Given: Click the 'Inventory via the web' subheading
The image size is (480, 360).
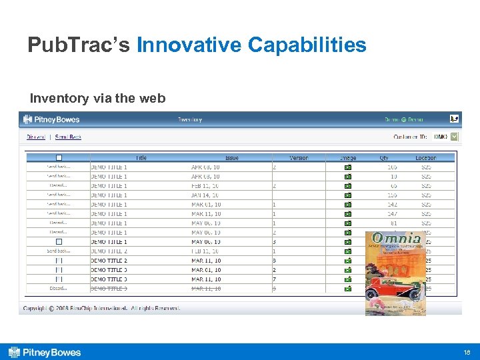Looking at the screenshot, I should tap(97, 99).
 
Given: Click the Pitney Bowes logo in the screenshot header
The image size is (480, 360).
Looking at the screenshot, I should tap(51, 120).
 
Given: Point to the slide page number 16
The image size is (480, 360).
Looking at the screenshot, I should tap(466, 352).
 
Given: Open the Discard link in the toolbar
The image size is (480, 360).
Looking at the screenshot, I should tap(36, 137).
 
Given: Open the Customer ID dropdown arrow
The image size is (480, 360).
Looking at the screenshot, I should tap(455, 137).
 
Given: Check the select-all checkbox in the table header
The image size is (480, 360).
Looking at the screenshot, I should tap(59, 158).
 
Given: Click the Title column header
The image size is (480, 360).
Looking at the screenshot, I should tap(141, 158).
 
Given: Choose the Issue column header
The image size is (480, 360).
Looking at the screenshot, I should tap(231, 158).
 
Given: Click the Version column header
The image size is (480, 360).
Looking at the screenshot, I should tap(299, 158).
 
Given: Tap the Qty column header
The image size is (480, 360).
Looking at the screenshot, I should tap(383, 158).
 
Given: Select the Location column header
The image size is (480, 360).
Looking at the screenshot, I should tap(425, 158).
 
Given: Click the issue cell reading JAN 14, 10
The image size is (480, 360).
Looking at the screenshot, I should tap(206, 195).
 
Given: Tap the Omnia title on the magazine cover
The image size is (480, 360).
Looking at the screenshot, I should tap(397, 239).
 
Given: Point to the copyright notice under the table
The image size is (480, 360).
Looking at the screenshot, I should tap(101, 308).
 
